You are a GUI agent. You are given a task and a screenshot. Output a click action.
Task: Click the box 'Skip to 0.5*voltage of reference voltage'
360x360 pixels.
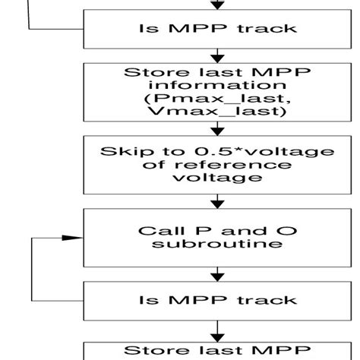pos(219,163)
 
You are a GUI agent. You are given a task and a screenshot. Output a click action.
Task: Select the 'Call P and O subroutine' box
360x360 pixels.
pos(219,238)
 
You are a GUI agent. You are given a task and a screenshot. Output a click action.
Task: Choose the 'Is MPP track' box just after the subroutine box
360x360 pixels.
pos(219,301)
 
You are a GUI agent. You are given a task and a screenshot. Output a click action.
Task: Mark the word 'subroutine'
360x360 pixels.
pos(219,245)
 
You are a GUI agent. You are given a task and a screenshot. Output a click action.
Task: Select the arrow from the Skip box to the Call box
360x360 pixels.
pos(219,201)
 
